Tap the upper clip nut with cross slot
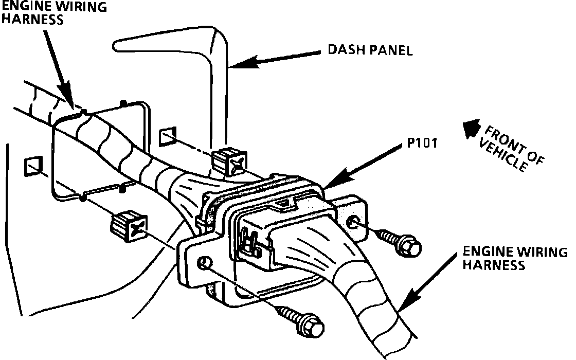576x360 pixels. (x=228, y=160)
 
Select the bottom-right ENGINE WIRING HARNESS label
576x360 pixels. (x=515, y=258)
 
